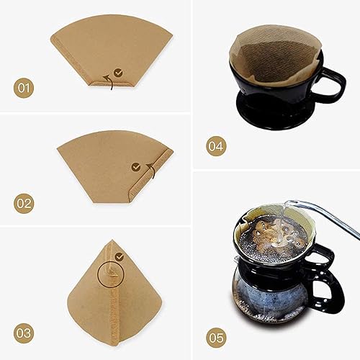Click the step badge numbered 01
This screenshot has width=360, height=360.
pyautogui.click(x=24, y=89)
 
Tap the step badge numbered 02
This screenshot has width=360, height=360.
pyautogui.click(x=24, y=204)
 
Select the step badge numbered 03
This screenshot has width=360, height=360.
pyautogui.click(x=24, y=333)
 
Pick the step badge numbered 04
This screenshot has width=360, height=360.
pyautogui.click(x=215, y=146)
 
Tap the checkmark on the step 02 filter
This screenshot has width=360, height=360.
pyautogui.click(x=136, y=166)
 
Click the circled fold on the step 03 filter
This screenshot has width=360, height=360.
pyautogui.click(x=109, y=276)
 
